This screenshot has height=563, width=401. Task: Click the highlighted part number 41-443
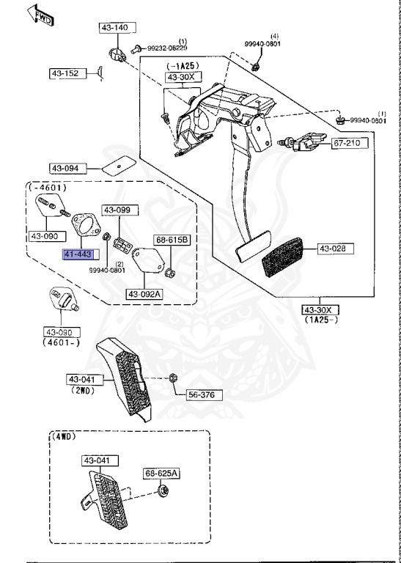click(x=78, y=254)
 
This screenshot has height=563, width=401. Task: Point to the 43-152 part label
click(x=65, y=73)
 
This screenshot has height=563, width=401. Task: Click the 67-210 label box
click(x=347, y=142)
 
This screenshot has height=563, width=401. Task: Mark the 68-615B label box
click(x=172, y=240)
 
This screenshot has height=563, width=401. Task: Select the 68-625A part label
click(x=161, y=474)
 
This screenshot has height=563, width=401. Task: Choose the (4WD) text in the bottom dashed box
click(x=65, y=435)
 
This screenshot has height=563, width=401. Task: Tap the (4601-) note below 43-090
click(x=62, y=342)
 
